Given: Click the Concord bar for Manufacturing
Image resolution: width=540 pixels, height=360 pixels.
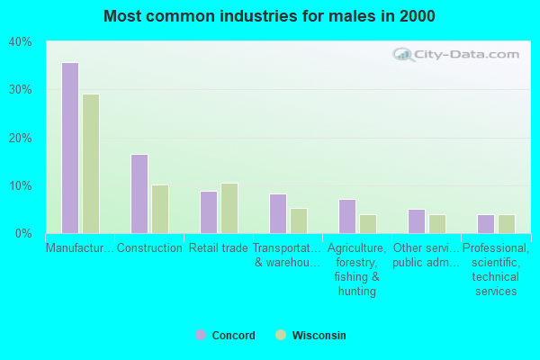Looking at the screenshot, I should click(x=69, y=148).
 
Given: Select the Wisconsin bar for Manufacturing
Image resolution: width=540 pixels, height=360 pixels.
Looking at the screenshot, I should click(x=91, y=164).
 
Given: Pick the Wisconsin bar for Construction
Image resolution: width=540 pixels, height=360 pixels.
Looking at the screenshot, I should click(x=160, y=209).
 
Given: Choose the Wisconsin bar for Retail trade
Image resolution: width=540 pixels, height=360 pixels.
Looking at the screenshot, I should click(x=229, y=208).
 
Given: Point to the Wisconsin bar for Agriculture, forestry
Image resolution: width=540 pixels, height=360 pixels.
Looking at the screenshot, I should click(x=368, y=223).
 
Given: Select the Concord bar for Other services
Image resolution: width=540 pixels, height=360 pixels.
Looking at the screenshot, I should click(x=416, y=221).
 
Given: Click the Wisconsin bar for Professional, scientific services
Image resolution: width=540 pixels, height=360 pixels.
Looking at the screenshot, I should click(x=507, y=223).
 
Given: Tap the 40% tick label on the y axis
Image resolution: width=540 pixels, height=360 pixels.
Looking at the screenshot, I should click(x=20, y=42).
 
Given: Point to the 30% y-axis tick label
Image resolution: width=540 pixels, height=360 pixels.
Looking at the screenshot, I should click(x=20, y=90).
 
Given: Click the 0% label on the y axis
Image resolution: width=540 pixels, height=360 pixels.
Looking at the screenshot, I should click(x=23, y=234).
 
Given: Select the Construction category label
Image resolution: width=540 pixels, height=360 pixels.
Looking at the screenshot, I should click(x=149, y=248).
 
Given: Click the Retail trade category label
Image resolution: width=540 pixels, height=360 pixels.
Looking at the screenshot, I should click(x=219, y=248).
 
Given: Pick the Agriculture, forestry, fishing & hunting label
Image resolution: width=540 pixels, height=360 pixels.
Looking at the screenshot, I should click(x=357, y=269).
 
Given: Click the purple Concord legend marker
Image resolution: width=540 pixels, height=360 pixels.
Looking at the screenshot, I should click(x=201, y=335).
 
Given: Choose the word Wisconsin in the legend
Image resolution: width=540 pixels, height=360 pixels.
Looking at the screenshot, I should click(x=319, y=336).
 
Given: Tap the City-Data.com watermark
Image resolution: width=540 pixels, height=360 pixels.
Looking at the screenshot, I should click(x=459, y=54).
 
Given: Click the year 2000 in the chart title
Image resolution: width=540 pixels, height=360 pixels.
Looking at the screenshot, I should click(x=418, y=16).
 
